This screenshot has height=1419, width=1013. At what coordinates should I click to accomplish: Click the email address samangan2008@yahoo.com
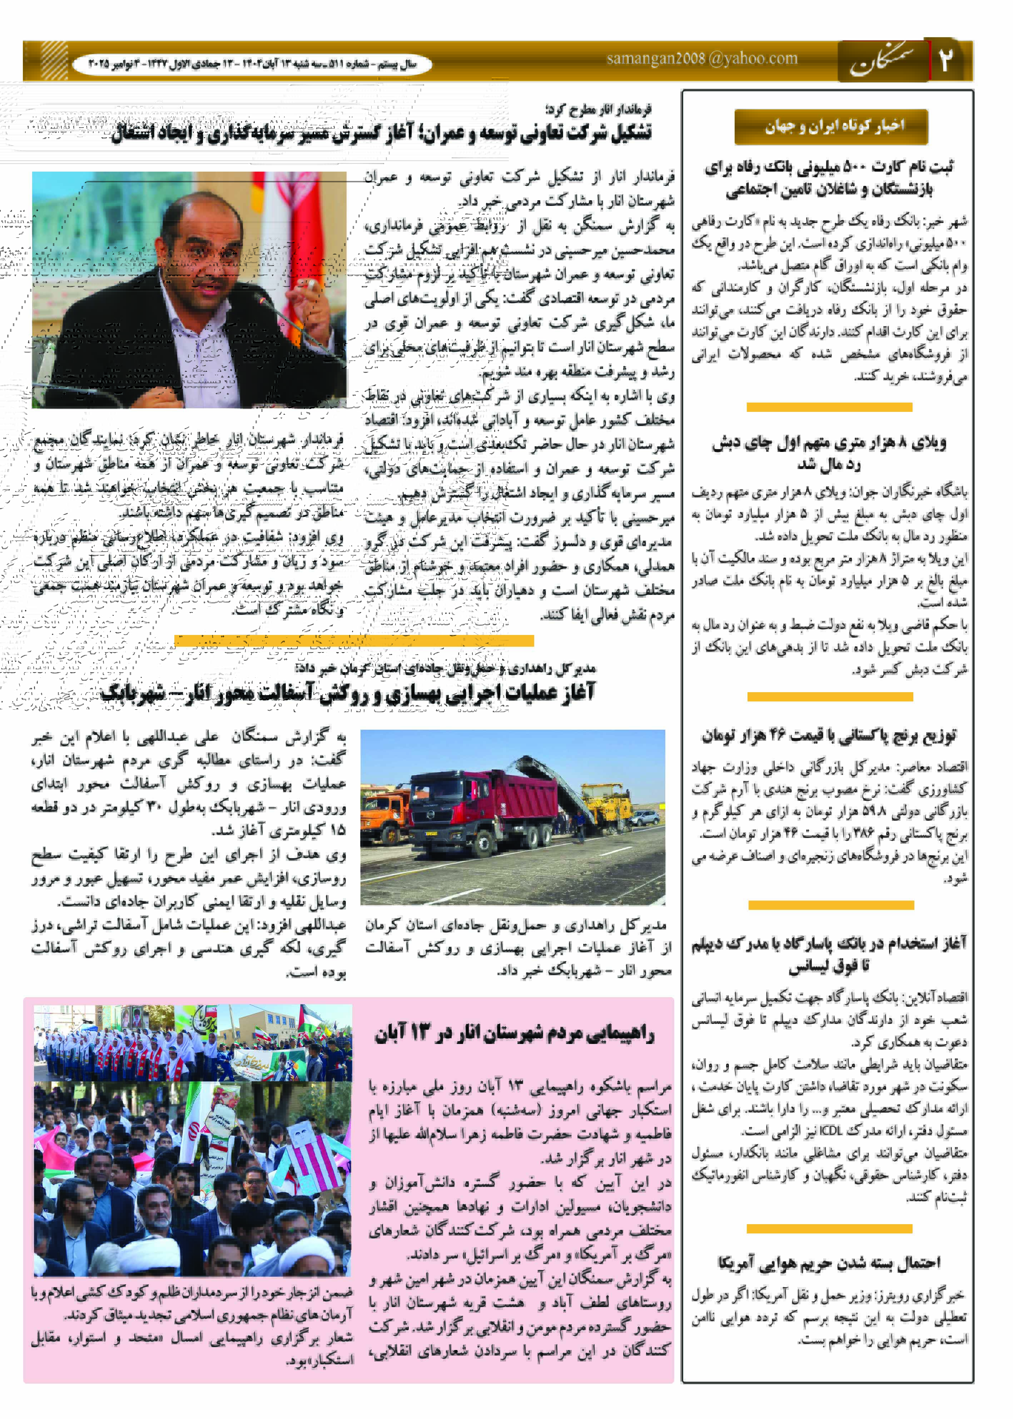click(702, 59)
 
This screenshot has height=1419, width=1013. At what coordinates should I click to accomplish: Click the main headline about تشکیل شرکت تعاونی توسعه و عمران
click(381, 133)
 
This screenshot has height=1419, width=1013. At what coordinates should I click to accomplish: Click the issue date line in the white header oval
click(252, 64)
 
